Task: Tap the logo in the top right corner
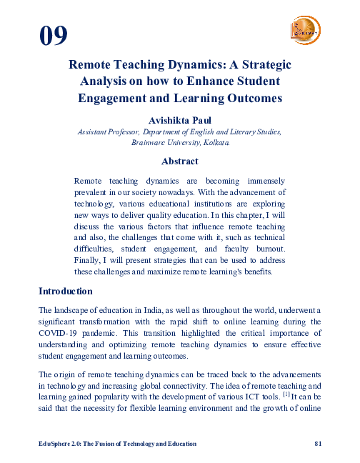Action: point(306,31)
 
